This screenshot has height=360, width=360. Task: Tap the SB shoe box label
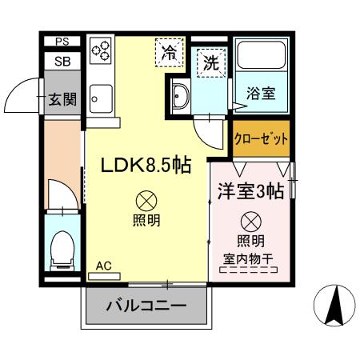click(62, 60)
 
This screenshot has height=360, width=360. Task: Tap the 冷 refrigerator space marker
click(169, 54)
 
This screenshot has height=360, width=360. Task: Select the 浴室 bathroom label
click(260, 93)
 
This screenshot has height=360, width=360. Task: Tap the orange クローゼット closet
click(261, 138)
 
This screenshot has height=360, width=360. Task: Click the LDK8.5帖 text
click(145, 166)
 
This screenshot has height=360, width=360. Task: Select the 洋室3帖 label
click(249, 191)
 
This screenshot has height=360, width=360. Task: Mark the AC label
click(103, 266)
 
